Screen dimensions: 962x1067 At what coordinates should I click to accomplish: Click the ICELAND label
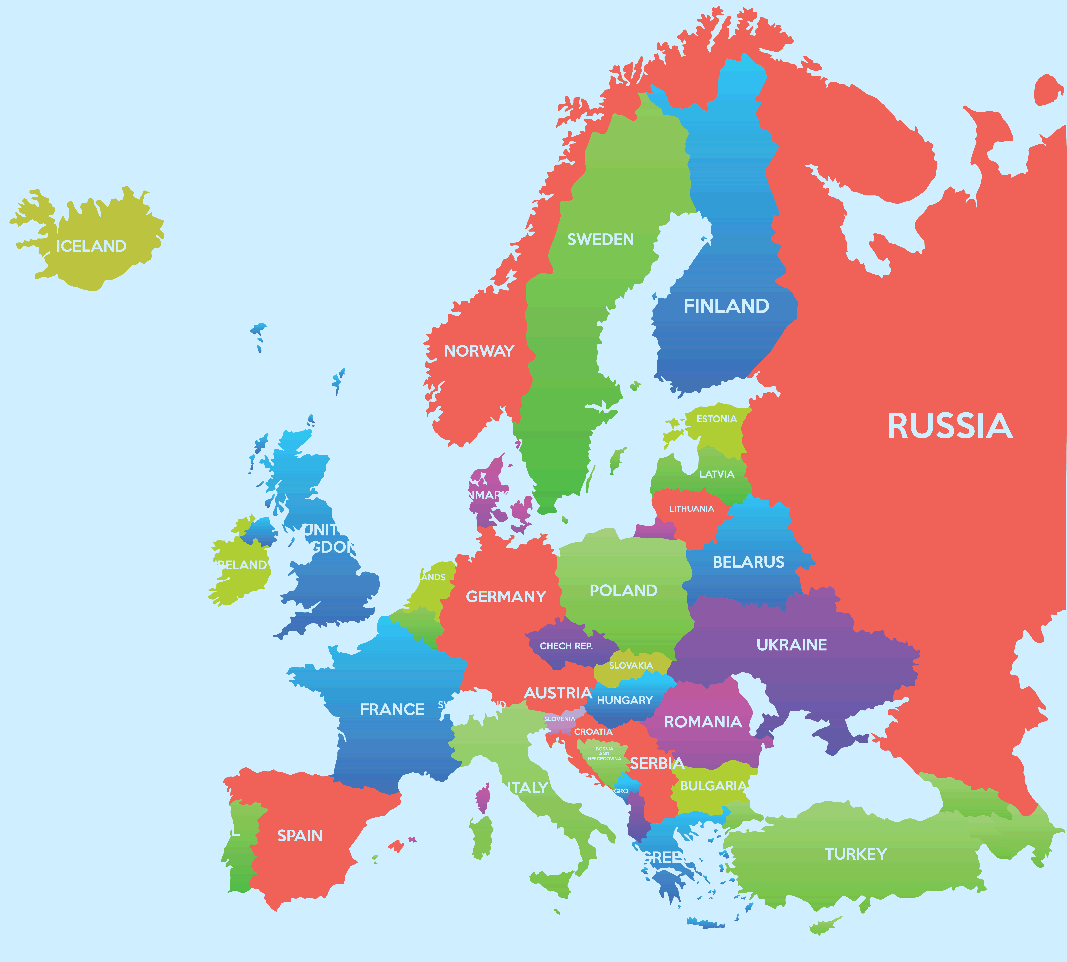[91, 246]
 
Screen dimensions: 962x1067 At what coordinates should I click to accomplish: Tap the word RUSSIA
[950, 427]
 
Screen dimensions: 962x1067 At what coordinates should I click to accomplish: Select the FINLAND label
[726, 306]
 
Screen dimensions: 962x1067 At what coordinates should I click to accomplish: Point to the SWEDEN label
[600, 239]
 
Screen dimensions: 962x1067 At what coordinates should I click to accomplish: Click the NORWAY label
[479, 351]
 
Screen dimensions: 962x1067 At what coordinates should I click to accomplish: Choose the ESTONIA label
[716, 419]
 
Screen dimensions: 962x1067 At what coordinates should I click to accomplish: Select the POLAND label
[623, 590]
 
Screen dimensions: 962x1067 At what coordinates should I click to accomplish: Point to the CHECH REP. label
[566, 646]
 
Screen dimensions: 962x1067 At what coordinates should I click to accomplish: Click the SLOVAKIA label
[631, 665]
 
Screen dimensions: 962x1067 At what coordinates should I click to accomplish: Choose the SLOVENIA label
[559, 719]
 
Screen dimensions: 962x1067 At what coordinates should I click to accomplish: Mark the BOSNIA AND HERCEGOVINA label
[604, 754]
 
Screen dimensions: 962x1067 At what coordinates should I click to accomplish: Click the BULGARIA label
[713, 786]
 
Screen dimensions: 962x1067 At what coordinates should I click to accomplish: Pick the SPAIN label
[300, 836]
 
